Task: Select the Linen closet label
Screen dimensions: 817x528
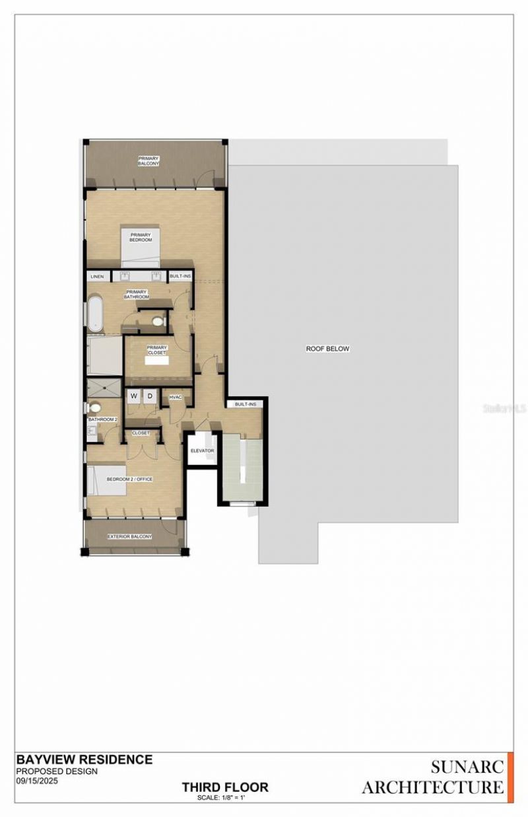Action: click(97, 276)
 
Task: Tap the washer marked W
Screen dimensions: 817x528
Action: click(134, 396)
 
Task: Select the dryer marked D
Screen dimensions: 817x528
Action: click(150, 396)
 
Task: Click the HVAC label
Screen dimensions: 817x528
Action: click(176, 397)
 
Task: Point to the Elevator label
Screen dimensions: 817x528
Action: click(202, 450)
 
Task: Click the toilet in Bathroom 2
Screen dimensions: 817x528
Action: click(95, 408)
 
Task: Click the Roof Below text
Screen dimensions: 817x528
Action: click(327, 349)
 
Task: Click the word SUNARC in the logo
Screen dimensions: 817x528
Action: click(467, 767)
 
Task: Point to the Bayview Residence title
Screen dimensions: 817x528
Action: click(84, 760)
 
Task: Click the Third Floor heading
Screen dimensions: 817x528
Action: click(225, 787)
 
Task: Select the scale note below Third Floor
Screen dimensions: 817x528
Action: click(225, 798)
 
